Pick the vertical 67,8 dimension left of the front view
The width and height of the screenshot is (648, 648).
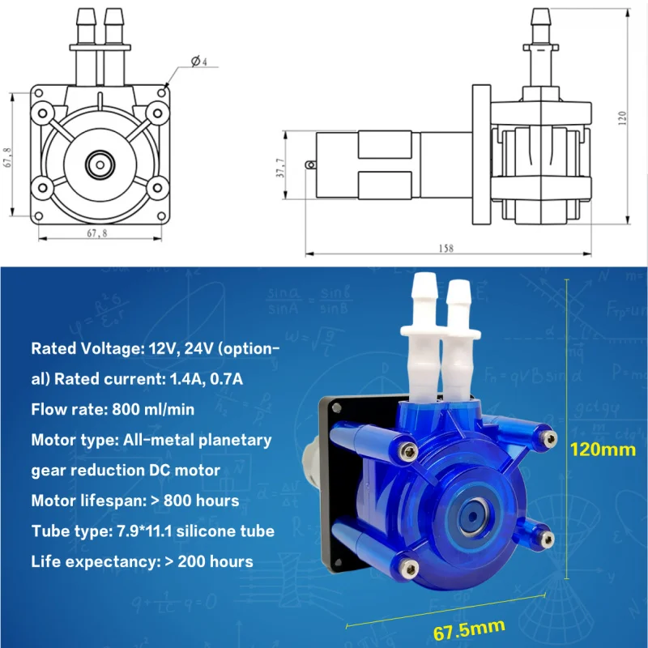pos(8,156)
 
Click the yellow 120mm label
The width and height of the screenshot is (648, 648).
pos(602,449)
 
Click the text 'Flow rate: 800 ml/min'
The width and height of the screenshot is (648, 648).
pos(112,409)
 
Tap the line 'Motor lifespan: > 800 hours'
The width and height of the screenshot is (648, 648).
pos(134,500)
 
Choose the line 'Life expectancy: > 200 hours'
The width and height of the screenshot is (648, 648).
pos(142,561)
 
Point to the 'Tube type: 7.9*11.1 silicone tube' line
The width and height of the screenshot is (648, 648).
pos(152,531)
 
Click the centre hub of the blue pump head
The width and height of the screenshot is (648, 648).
pos(469,511)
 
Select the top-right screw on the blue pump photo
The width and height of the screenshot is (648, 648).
pos(551,439)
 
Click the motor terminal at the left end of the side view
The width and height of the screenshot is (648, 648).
pos(309,165)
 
